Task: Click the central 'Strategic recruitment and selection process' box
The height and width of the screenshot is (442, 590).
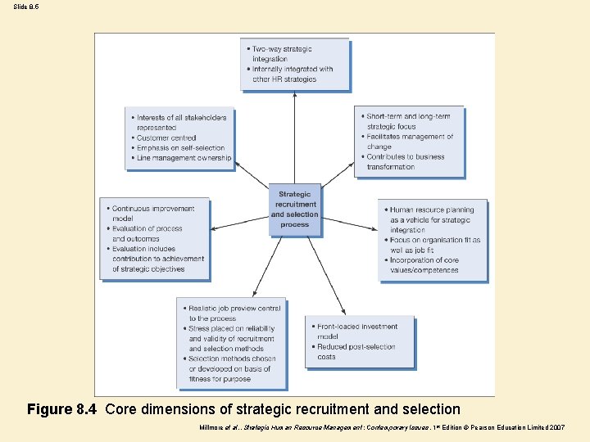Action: pyautogui.click(x=294, y=210)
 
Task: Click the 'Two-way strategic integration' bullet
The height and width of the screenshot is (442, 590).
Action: pyautogui.click(x=282, y=54)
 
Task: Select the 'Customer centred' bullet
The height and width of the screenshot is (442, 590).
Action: pyautogui.click(x=167, y=138)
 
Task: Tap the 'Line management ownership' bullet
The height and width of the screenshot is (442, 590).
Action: pyautogui.click(x=184, y=158)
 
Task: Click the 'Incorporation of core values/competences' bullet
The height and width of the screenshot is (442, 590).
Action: pyautogui.click(x=424, y=264)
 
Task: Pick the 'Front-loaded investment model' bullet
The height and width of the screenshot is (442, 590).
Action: pyautogui.click(x=356, y=331)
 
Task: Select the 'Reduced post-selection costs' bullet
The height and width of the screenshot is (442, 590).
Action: pyautogui.click(x=355, y=352)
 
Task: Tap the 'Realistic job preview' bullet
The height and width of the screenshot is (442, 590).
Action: pyautogui.click(x=234, y=313)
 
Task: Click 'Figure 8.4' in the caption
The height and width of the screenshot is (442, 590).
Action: pyautogui.click(x=62, y=409)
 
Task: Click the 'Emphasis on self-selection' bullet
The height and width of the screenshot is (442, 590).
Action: pyautogui.click(x=180, y=148)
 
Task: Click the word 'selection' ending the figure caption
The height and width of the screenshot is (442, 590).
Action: pyautogui.click(x=430, y=409)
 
